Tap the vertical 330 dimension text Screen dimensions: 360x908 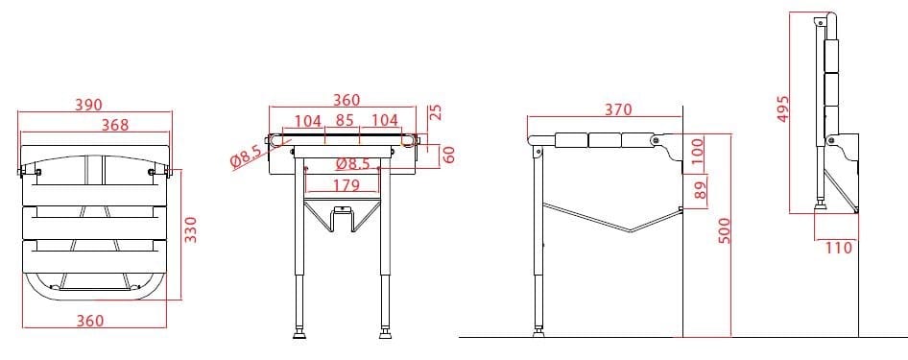pyautogui.click(x=190, y=229)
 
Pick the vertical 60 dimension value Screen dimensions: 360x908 pyautogui.click(x=448, y=154)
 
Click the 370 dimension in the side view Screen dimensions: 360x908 pyautogui.click(x=618, y=110)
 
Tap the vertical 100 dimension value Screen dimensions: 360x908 pyautogui.click(x=697, y=151)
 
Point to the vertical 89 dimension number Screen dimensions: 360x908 pyautogui.click(x=698, y=189)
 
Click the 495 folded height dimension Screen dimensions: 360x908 pyautogui.click(x=782, y=110)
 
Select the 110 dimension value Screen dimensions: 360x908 pyautogui.click(x=838, y=249)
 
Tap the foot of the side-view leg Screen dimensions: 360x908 pyautogui.click(x=538, y=333)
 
